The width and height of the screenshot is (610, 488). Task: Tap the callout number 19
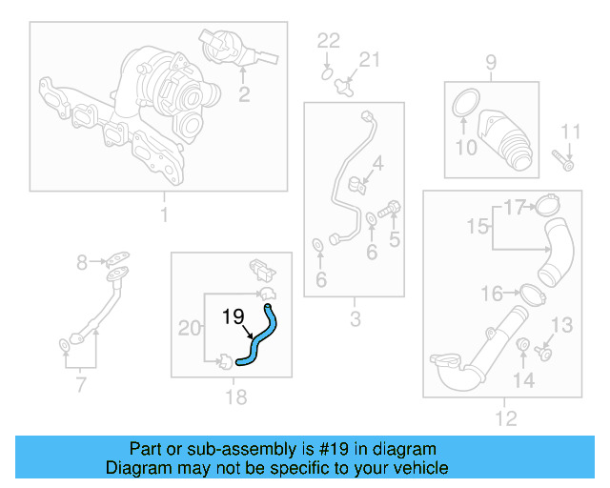click(234, 316)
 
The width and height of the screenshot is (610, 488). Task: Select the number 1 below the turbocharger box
click(163, 215)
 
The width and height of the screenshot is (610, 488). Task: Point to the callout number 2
click(244, 93)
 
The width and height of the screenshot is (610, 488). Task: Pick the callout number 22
click(328, 40)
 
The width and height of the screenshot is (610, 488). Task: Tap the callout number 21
click(368, 60)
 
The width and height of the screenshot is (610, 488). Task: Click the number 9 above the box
click(491, 64)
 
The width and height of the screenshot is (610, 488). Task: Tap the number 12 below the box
click(506, 417)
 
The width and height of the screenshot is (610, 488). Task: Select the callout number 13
click(562, 326)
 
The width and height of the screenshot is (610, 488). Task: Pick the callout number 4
click(378, 163)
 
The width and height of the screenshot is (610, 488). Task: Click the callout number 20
click(190, 329)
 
